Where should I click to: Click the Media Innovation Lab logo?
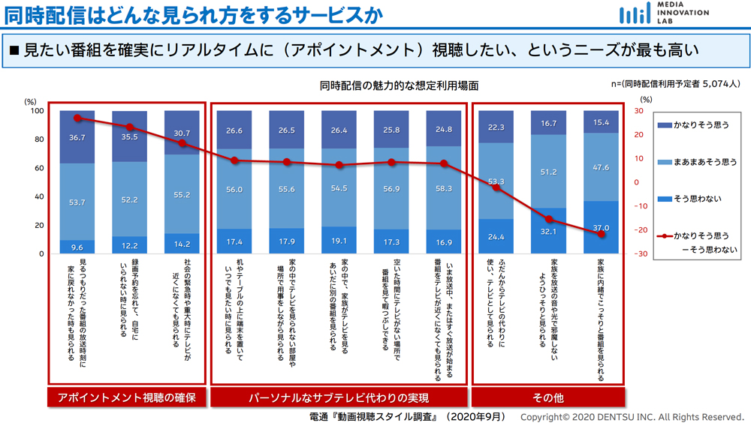[664, 13]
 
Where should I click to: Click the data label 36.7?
[77, 138]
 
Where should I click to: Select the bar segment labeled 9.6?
[77, 247]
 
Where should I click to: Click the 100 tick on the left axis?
[36, 111]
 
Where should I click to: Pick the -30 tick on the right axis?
[640, 253]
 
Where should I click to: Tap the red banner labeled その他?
[547, 397]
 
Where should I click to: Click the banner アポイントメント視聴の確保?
[126, 397]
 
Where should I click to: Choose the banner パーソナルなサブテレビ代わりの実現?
[338, 397]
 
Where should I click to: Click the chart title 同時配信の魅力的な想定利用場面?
[399, 86]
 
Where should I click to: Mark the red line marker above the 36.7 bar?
[77, 118]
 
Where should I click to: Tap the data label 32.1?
[548, 232]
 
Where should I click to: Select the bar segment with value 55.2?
[182, 194]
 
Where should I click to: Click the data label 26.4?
[339, 130]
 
